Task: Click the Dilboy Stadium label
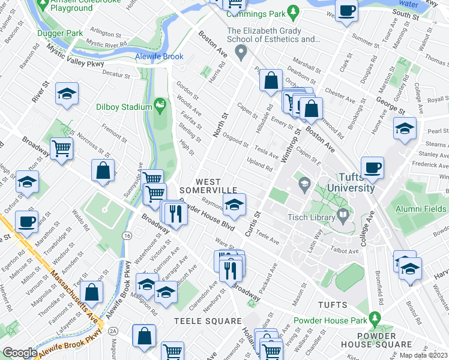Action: (x=124, y=107)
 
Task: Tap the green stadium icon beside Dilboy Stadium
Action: (x=160, y=107)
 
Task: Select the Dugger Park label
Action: (x=58, y=34)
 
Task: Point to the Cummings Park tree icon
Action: (x=294, y=11)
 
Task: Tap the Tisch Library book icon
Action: (x=343, y=214)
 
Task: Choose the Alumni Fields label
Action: (x=420, y=208)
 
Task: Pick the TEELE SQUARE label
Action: (x=199, y=321)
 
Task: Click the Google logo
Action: (x=20, y=353)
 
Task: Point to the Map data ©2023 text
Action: (x=423, y=355)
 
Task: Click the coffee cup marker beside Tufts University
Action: (x=372, y=169)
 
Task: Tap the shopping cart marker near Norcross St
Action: (x=62, y=148)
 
